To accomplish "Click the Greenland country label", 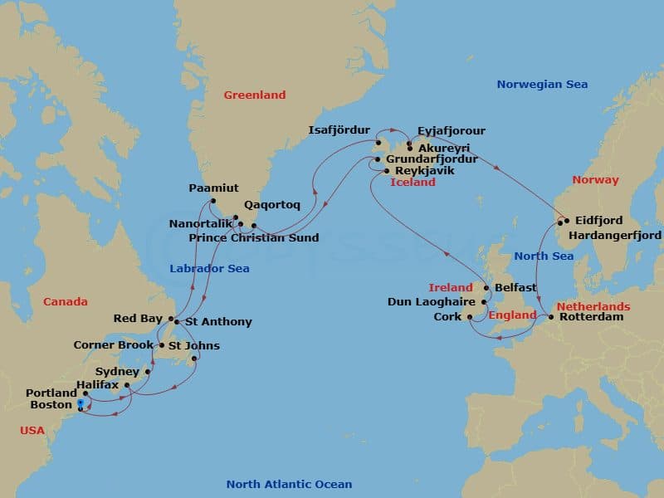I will [x=254, y=95].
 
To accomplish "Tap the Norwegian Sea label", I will [x=542, y=85].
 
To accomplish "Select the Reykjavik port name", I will [x=425, y=170].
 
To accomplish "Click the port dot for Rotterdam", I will [x=550, y=316].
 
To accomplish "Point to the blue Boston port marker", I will [x=80, y=404].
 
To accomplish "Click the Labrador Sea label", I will [x=209, y=269].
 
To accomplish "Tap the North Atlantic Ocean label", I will [x=289, y=485].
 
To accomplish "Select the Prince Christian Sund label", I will [x=254, y=238].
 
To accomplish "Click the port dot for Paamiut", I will [x=213, y=201].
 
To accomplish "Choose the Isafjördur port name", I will [x=339, y=130].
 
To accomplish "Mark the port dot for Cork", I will [x=470, y=316].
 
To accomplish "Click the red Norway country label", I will [x=595, y=180].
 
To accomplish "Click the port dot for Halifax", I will [x=127, y=384].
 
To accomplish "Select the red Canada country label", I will [x=65, y=302].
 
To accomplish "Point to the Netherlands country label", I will [x=593, y=306].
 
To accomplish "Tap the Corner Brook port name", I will [x=113, y=345].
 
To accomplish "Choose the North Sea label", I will [x=543, y=256].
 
